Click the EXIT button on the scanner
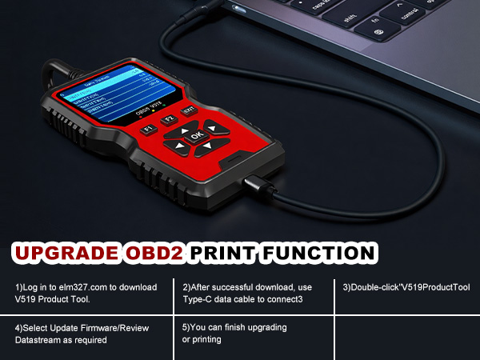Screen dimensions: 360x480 coord(188,110)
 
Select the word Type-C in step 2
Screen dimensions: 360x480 coord(200,299)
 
